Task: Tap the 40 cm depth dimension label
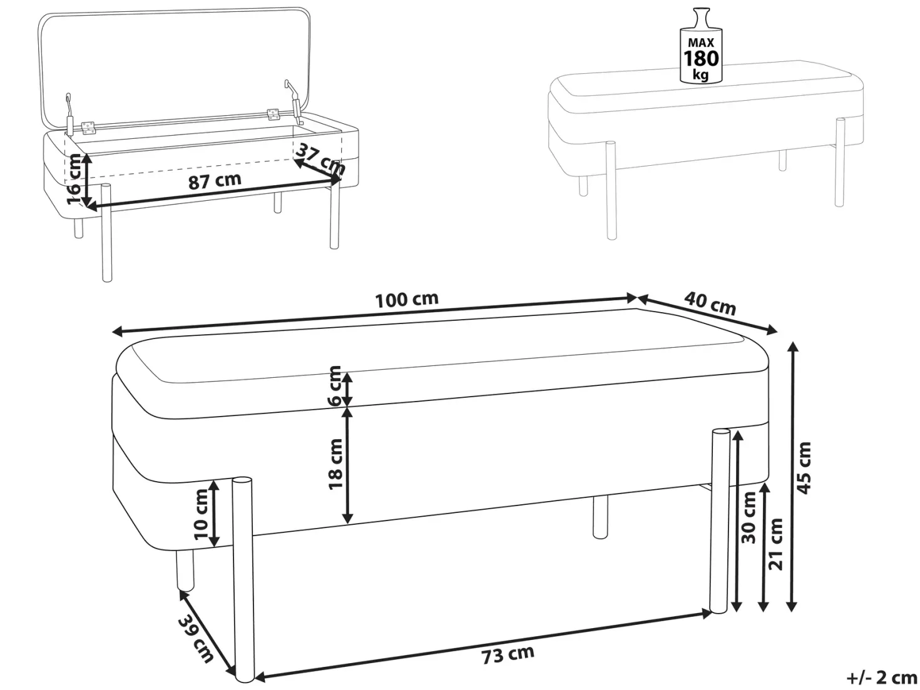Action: (710, 303)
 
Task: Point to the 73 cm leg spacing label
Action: (508, 655)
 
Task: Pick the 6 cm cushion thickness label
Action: (335, 386)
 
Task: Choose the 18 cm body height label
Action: (335, 464)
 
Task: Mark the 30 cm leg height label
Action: (749, 518)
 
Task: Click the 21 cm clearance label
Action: (775, 544)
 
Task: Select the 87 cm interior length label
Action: (215, 181)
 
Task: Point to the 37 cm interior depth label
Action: (320, 160)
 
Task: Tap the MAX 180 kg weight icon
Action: (701, 45)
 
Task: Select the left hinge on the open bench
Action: (88, 128)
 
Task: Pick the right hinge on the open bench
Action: (273, 114)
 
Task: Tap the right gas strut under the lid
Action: (294, 102)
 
